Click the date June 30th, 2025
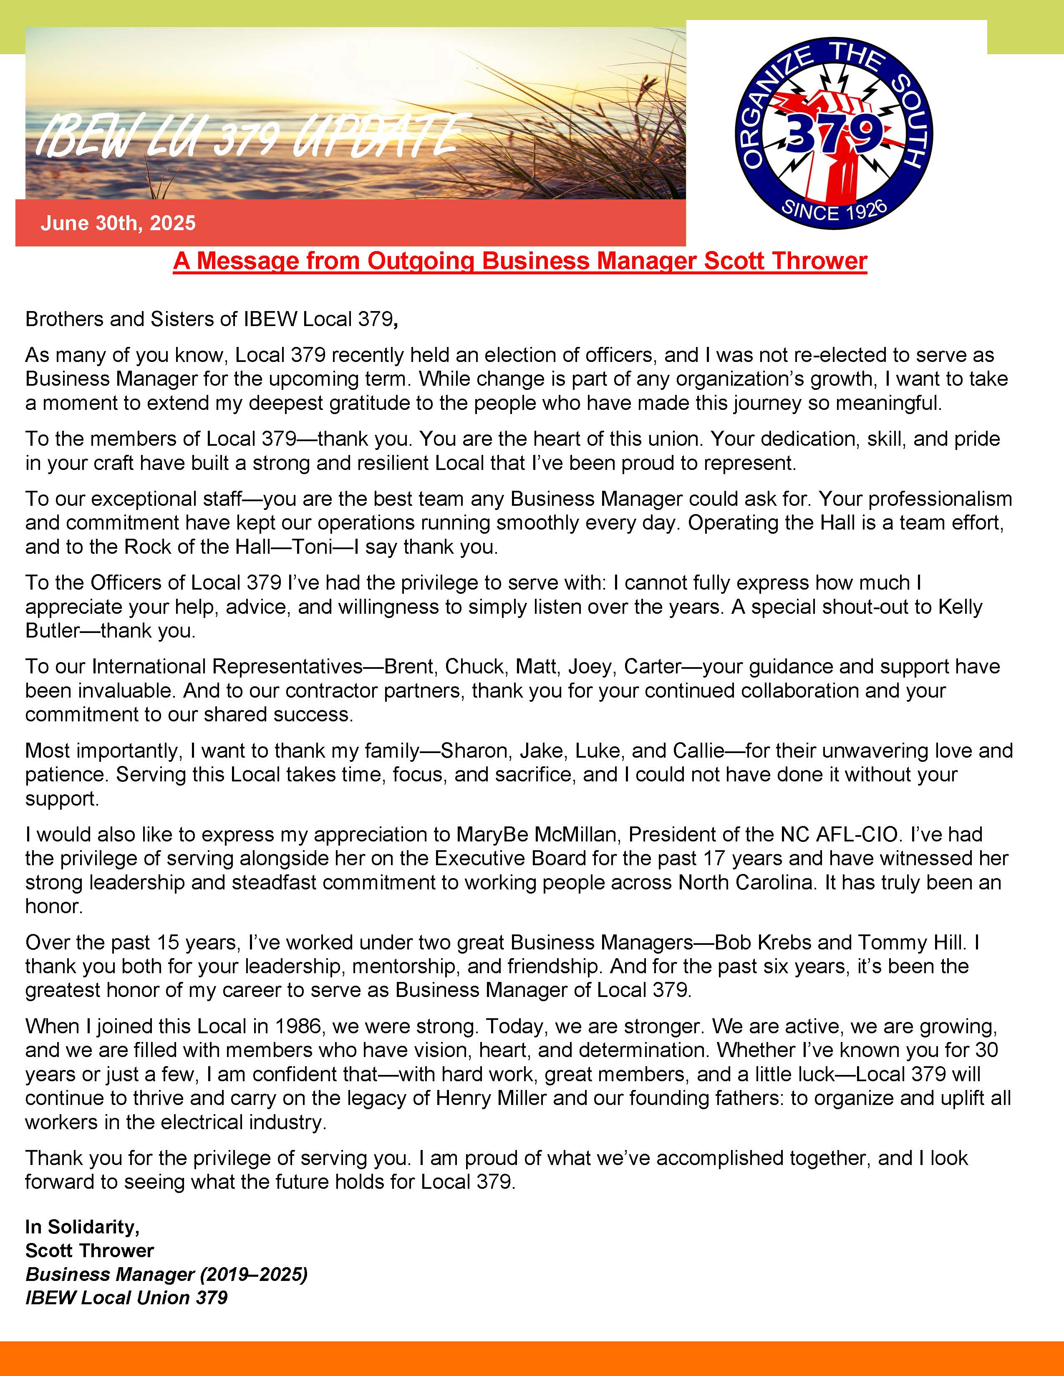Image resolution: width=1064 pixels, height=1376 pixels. coord(118,223)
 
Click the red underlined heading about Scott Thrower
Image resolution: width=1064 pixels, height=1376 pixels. coord(520,261)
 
